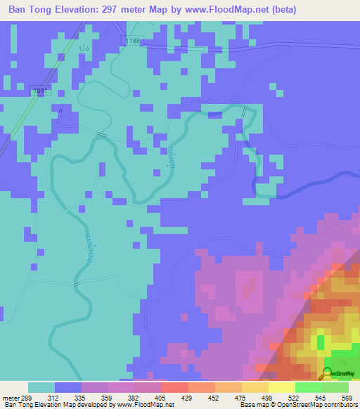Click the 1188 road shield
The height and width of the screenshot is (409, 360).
134,41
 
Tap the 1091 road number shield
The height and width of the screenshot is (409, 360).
41,91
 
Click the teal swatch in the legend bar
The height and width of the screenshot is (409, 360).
41,387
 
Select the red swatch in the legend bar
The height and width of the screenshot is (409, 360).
174,387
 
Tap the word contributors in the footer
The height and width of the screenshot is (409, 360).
337,405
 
